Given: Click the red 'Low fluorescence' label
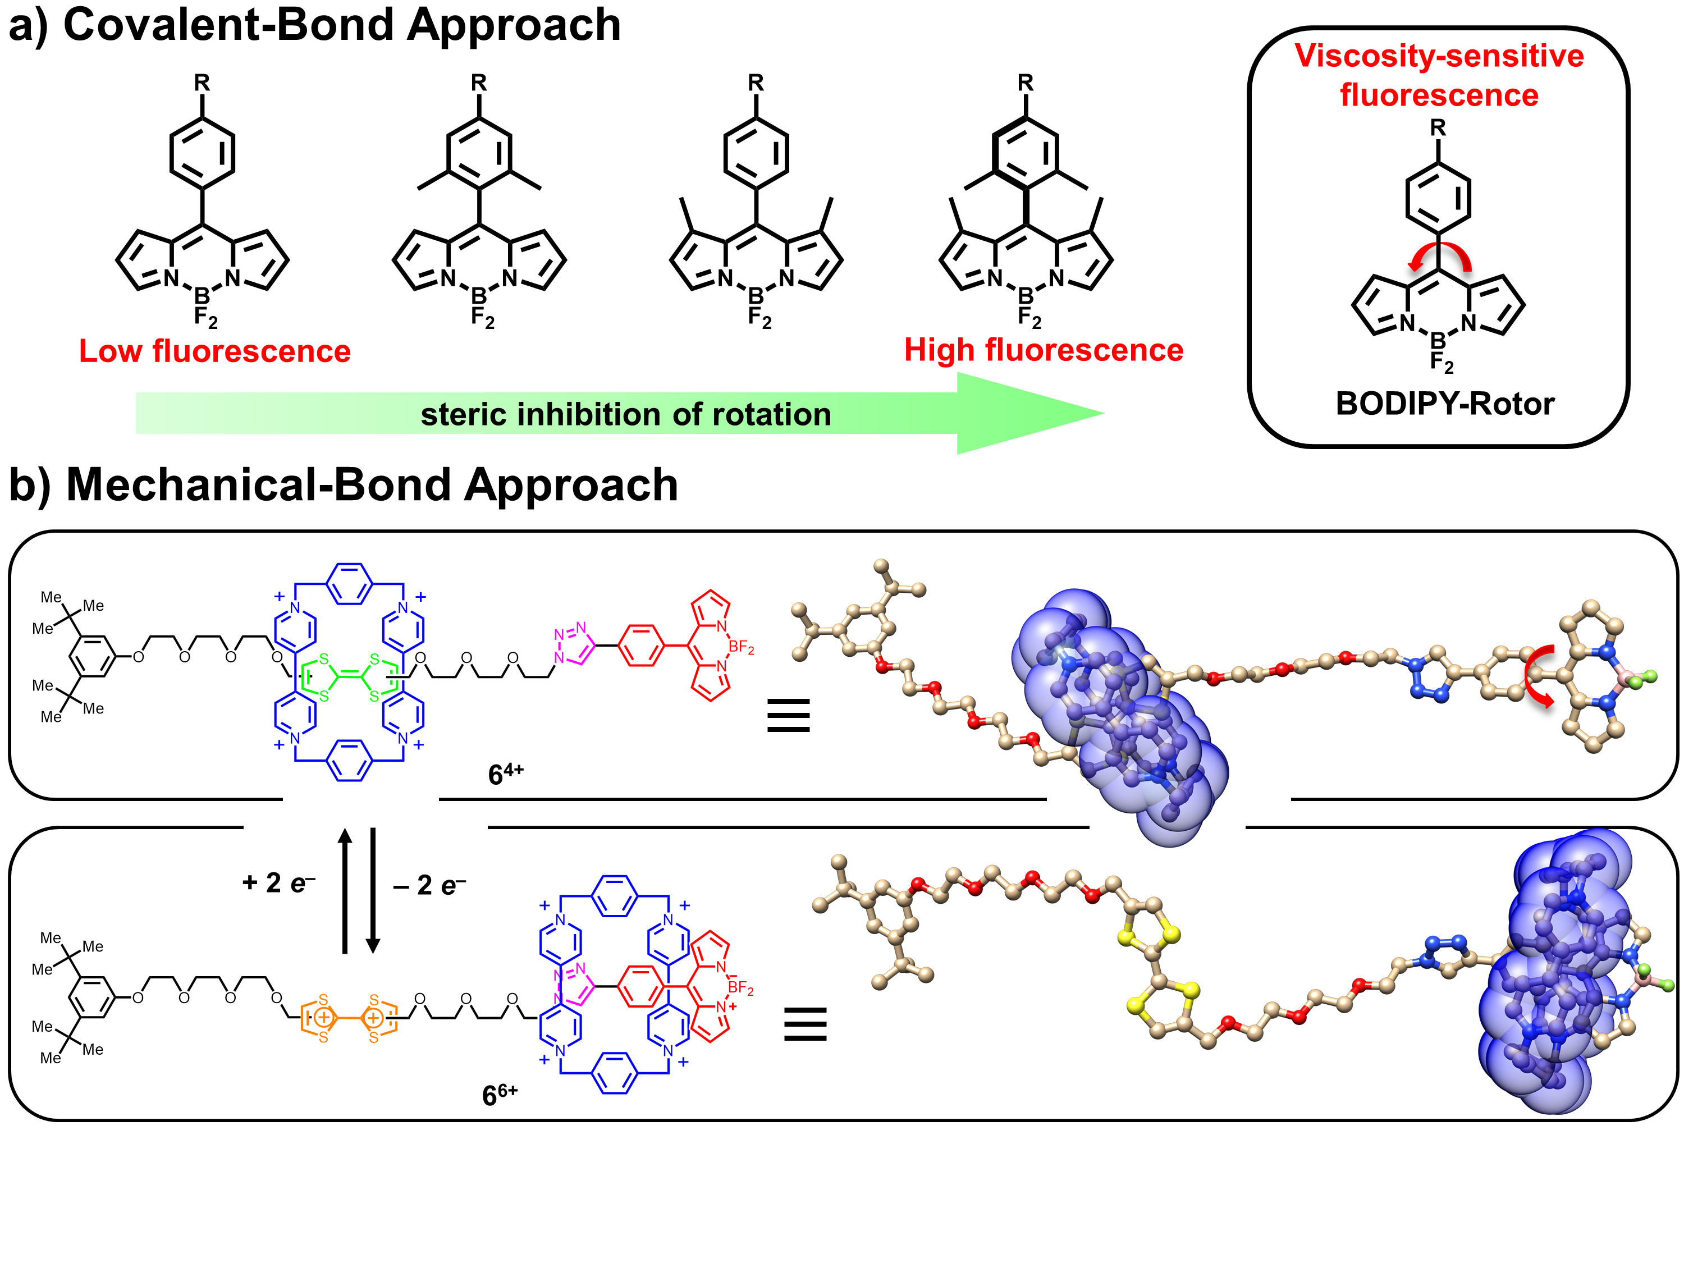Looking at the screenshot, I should (214, 351).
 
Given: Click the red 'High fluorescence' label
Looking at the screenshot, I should (1043, 350).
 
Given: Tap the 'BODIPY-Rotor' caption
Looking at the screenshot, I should (1444, 404).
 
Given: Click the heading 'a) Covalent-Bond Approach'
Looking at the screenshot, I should (314, 25).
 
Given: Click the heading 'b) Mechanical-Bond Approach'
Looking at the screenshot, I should (344, 484).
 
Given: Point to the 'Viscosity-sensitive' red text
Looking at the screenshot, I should (1439, 56).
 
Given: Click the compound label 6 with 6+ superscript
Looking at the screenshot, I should (500, 1094).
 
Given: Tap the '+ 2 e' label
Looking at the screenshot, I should (278, 883).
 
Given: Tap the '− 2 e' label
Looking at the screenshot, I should (429, 885).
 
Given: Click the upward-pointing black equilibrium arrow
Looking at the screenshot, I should (345, 891).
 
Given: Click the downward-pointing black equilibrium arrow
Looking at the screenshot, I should (373, 891).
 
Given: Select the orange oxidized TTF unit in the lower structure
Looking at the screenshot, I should (348, 1017).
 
